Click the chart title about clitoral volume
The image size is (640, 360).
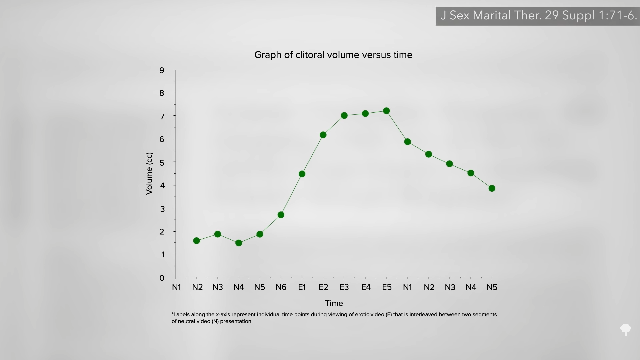[x=333, y=55]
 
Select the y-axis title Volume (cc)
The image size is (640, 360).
[x=149, y=173]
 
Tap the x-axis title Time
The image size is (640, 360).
[x=334, y=303]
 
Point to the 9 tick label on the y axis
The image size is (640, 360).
[x=162, y=70]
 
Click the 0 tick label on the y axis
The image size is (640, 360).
[x=162, y=278]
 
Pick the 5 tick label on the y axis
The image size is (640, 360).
[x=162, y=163]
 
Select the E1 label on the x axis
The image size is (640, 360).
[x=302, y=287]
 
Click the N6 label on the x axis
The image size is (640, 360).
[x=281, y=287]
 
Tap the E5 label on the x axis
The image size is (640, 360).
[x=387, y=287]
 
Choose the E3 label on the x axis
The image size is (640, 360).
[x=344, y=287]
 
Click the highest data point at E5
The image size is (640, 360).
[x=386, y=111]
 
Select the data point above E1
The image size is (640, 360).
[x=302, y=174]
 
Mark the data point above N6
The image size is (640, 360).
[x=281, y=215]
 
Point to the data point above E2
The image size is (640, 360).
[x=323, y=135]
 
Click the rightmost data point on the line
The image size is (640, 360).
[x=492, y=188]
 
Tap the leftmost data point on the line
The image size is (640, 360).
[x=196, y=241]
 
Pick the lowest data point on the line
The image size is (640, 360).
[x=239, y=243]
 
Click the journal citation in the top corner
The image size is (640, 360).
[x=538, y=16]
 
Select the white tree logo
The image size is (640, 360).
[x=626, y=330]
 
